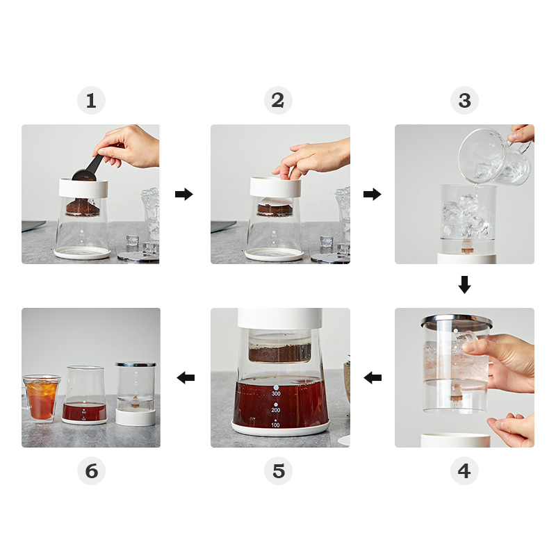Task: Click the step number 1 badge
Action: click(x=92, y=100)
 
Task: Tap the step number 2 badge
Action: click(x=279, y=100)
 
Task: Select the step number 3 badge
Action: click(x=464, y=100)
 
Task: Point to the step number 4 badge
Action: click(x=464, y=471)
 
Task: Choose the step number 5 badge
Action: click(x=279, y=471)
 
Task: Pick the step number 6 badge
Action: click(x=92, y=471)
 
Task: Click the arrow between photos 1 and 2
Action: click(x=184, y=195)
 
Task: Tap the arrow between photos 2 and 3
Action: click(x=373, y=195)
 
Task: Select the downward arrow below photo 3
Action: click(x=464, y=285)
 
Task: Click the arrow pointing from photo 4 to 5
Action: click(x=373, y=377)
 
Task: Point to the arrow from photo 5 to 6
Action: click(x=186, y=377)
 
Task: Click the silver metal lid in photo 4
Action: click(x=457, y=320)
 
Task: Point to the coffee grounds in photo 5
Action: click(x=280, y=353)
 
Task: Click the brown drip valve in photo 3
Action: click(x=467, y=247)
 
